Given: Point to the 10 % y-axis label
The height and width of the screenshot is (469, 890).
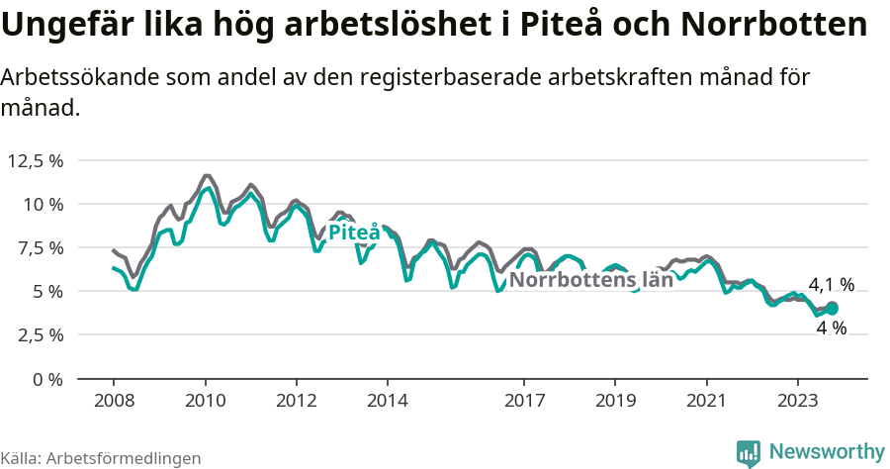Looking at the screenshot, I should [x=42, y=204].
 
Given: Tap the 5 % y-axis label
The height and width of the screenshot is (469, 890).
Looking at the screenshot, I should [x=45, y=291].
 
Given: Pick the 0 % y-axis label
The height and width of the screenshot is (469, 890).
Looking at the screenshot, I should [x=45, y=378].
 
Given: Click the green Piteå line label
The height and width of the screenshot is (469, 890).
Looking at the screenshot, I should [x=353, y=233].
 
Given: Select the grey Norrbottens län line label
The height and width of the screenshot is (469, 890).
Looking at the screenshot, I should [x=591, y=280].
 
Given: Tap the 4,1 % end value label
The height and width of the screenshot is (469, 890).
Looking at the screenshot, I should [x=831, y=286].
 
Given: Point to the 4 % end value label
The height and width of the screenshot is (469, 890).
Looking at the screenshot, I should [x=832, y=328].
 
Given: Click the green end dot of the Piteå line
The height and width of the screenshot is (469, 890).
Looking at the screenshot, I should [x=832, y=309].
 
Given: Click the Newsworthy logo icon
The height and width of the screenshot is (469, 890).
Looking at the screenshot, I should [x=750, y=452].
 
